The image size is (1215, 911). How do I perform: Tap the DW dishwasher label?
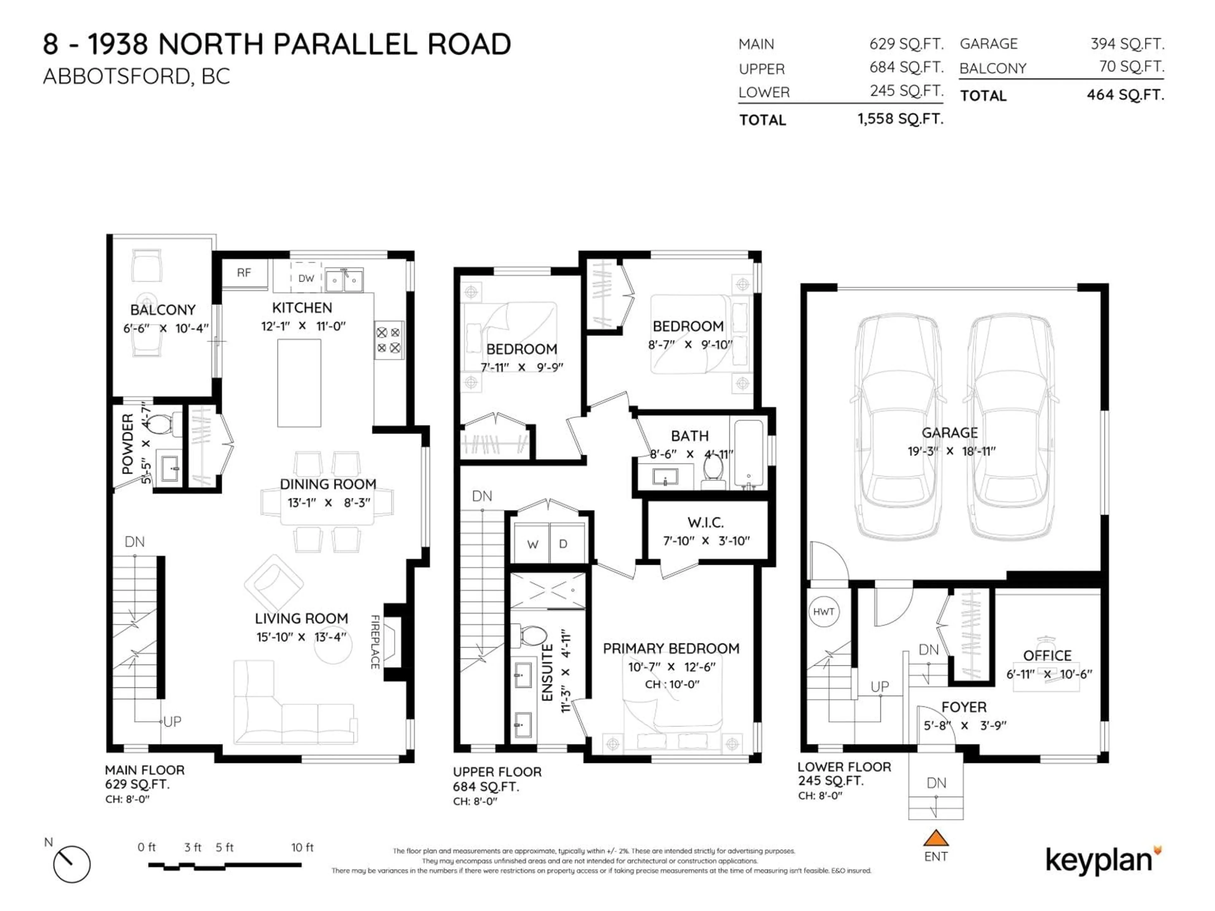point(306,278)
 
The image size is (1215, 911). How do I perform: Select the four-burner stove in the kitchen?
point(388,340)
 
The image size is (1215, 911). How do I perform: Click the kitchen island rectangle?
point(299,383)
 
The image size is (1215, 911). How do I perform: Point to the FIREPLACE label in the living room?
point(375,641)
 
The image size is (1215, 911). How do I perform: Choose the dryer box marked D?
point(563,544)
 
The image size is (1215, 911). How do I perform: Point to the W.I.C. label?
point(705,522)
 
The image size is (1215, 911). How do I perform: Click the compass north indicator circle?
point(72,864)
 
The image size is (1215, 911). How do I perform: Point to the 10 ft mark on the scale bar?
point(302,848)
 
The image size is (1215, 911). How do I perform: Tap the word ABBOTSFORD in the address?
point(116,76)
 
